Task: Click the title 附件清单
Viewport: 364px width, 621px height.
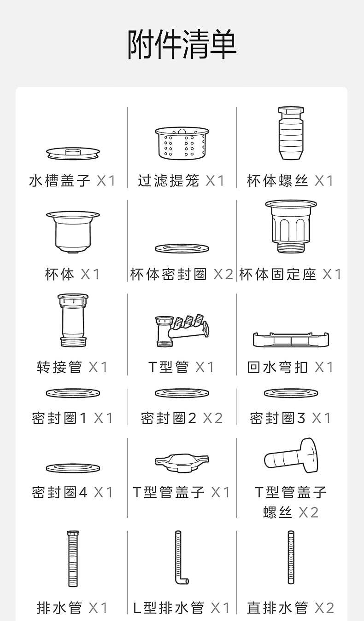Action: click(x=182, y=45)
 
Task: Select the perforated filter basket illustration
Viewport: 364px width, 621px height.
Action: click(x=182, y=143)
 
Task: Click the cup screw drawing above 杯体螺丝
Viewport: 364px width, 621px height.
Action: click(x=291, y=133)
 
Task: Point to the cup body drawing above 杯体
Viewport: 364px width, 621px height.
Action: click(x=73, y=231)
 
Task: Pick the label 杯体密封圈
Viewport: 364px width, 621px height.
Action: click(x=169, y=275)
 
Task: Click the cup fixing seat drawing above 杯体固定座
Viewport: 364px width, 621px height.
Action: click(x=291, y=225)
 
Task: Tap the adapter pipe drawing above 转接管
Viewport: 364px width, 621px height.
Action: click(x=73, y=320)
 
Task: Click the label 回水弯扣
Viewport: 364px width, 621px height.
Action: click(x=277, y=367)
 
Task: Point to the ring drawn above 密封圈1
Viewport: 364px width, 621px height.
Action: click(x=73, y=393)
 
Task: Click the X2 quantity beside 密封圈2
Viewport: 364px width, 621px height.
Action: click(x=212, y=418)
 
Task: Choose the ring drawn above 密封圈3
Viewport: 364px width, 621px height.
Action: click(x=291, y=393)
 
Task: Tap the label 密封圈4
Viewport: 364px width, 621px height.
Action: click(x=59, y=492)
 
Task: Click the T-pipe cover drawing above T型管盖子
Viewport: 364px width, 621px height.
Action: click(x=182, y=461)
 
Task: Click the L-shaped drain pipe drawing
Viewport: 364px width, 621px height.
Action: click(x=180, y=558)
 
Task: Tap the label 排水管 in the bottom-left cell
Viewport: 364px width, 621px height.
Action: click(x=59, y=608)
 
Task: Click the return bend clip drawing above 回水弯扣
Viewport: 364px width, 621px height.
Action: click(x=291, y=339)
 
